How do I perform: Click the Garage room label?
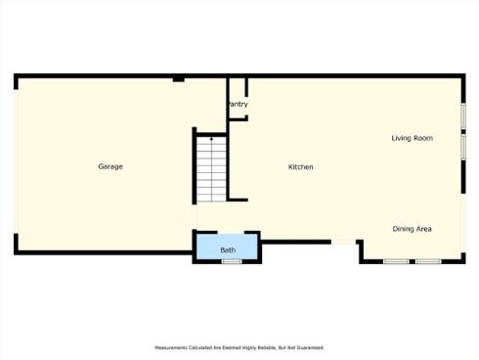click(110, 166)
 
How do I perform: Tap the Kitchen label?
click(300, 167)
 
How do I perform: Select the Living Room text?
click(412, 139)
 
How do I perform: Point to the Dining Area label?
click(413, 229)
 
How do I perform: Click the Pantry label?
click(237, 105)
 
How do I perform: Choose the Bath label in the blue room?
click(228, 250)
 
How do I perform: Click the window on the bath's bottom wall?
click(232, 261)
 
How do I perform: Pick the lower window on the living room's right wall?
click(462, 146)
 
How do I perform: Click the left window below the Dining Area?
click(396, 261)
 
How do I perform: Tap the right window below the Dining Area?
click(428, 261)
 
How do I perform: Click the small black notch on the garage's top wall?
click(179, 79)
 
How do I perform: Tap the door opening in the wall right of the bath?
click(344, 243)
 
